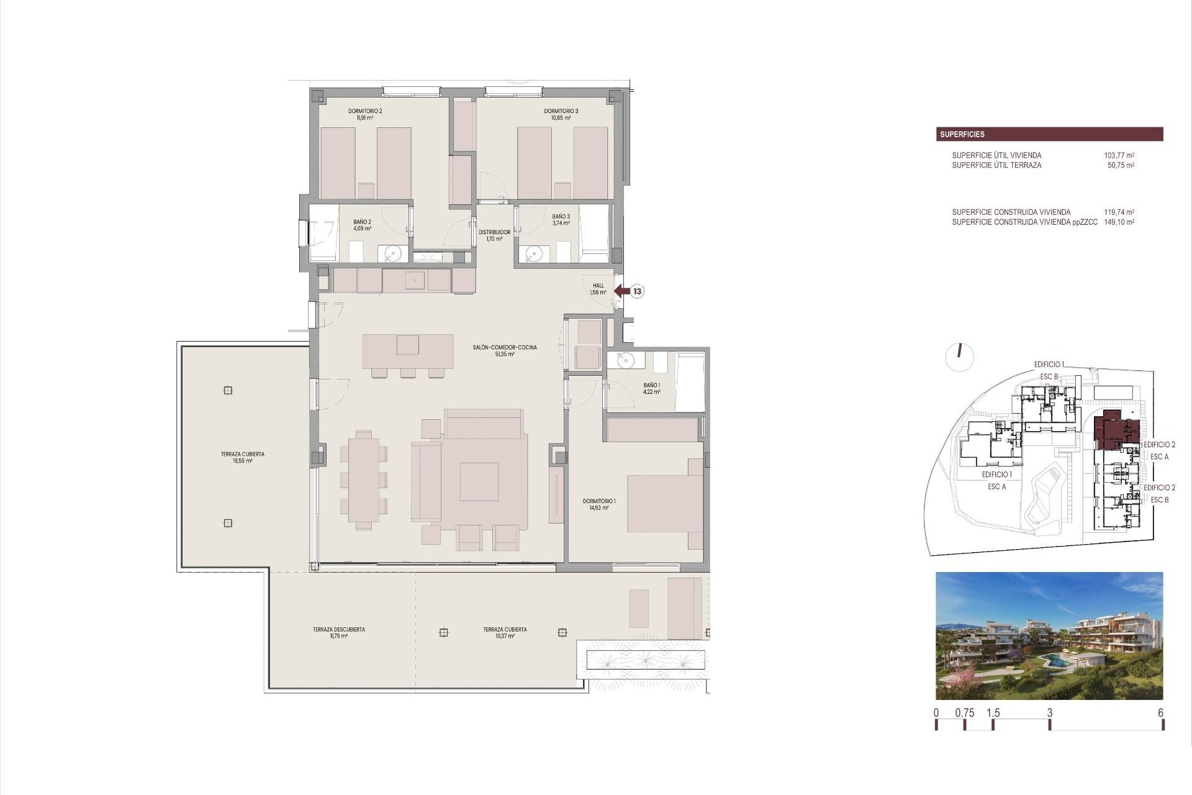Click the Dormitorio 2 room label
365,114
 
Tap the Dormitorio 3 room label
561,114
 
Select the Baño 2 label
363,225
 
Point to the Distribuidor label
495,235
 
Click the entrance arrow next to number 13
621,291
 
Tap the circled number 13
638,291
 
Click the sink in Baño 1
624,360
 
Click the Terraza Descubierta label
339,632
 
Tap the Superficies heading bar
1049,134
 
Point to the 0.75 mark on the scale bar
965,713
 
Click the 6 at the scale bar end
1160,713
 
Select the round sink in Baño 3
533,253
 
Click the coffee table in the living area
479,482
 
